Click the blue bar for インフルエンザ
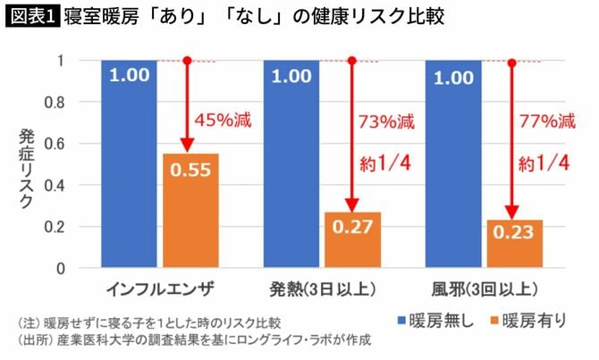130,170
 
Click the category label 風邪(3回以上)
483,289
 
